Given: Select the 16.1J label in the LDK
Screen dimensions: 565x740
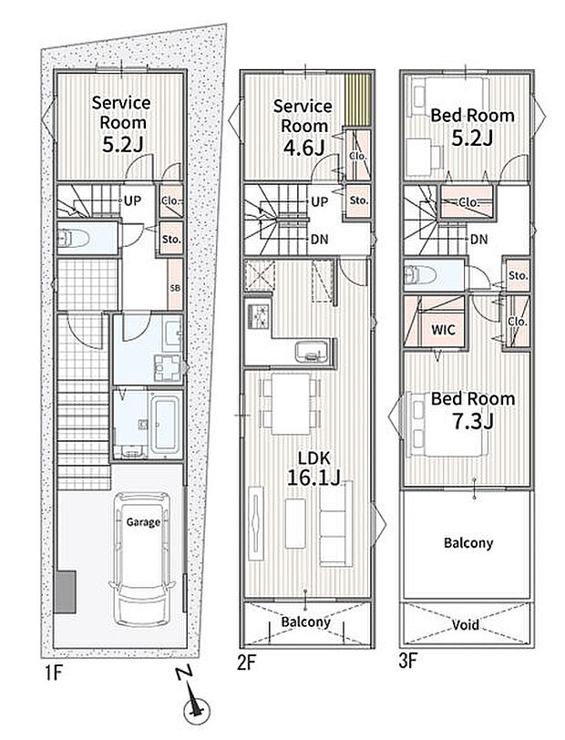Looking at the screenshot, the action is pos(313,478).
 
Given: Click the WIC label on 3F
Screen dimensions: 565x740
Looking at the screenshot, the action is pos(443,329).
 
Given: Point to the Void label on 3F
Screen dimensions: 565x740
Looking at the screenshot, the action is pos(466,625).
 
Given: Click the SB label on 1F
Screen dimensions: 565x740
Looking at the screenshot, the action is pos(175,287).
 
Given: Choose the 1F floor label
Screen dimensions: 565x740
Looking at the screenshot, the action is pos(54,673).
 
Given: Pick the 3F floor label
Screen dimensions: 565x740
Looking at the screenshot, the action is pos(408,661).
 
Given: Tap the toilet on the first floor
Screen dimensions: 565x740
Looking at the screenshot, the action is pos(73,238).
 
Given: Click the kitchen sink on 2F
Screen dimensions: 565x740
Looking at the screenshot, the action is pos(313,352).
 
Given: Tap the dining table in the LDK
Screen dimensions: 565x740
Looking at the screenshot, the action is pos(291,404).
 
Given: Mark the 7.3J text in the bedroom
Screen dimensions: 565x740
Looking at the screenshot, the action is pos(473,421).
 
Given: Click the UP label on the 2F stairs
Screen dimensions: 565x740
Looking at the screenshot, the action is pos(320,201).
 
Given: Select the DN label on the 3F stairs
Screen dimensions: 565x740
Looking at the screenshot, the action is pos(479,240).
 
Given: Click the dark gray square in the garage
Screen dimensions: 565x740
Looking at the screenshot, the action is pos(65,591).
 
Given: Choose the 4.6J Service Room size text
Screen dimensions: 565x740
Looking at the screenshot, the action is pos(304,148).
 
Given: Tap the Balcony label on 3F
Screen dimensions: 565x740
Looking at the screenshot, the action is pos(468,543).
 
